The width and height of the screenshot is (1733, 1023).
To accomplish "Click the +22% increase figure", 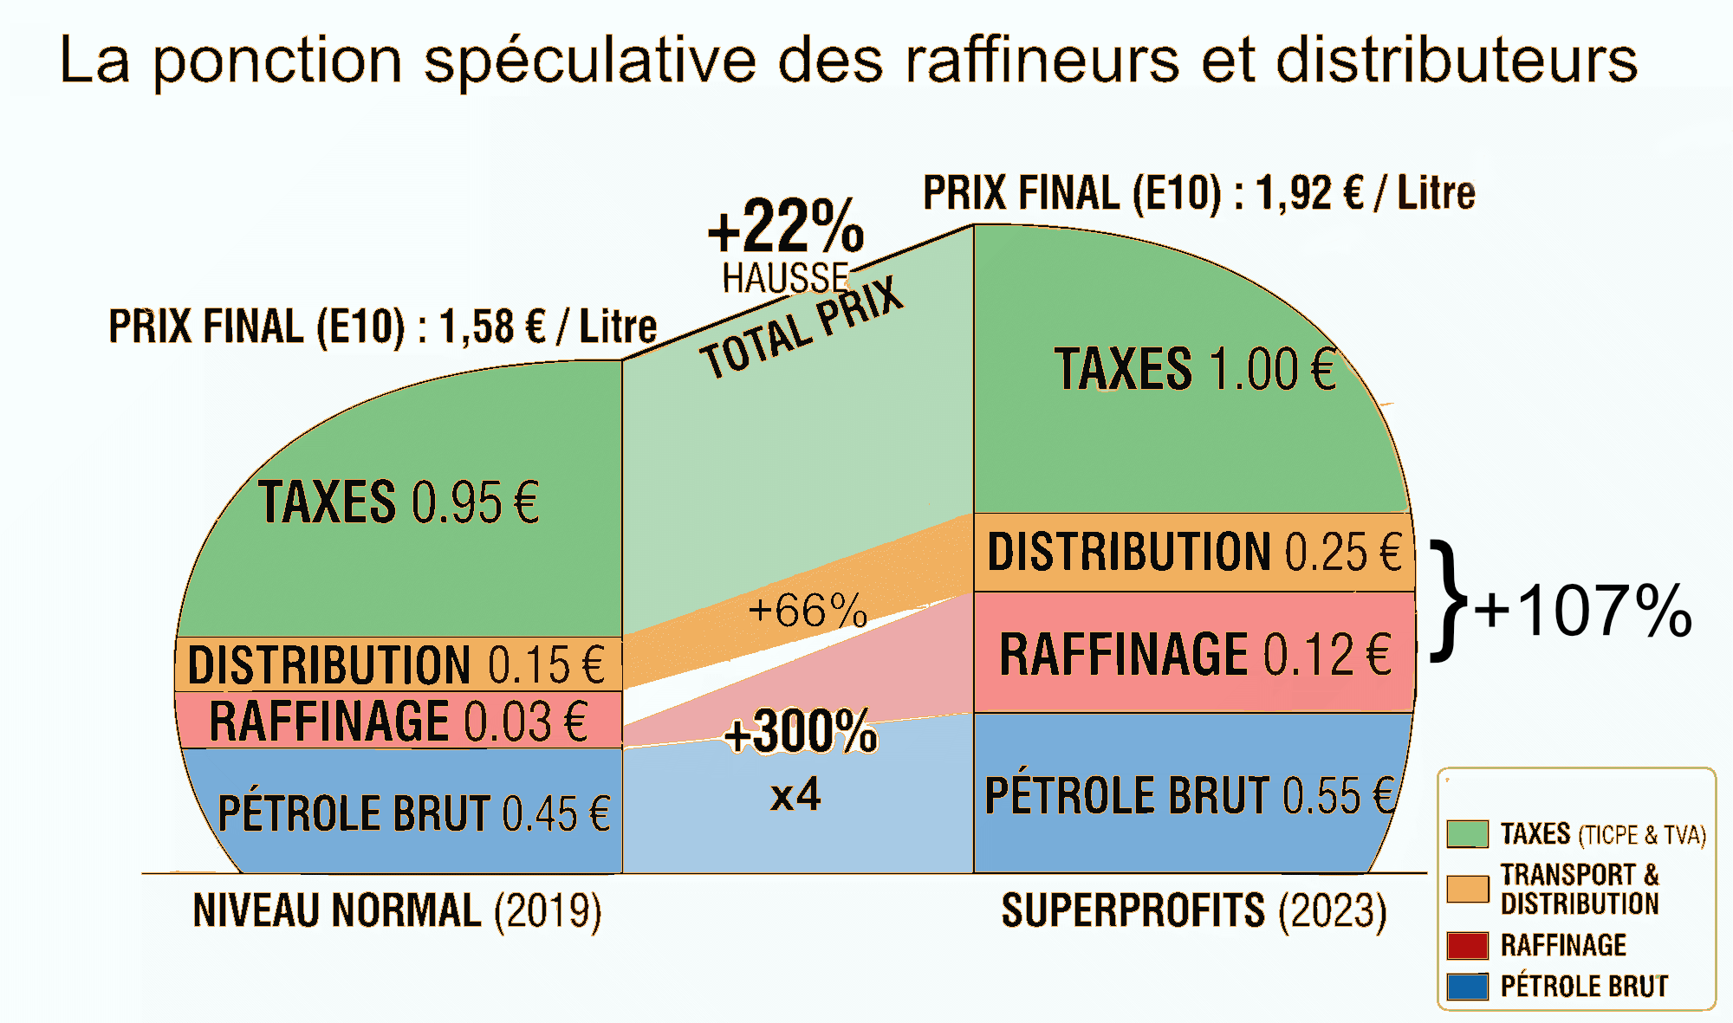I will point(786,226).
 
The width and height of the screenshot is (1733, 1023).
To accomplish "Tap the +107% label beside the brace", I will point(1583,612).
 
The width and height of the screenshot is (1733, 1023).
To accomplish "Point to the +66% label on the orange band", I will point(808,611).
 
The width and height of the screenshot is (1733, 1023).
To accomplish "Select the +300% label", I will point(801,732).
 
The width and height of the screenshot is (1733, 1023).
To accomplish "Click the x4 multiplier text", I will point(795,794).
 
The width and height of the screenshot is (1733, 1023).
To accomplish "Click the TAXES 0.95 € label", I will point(399,502).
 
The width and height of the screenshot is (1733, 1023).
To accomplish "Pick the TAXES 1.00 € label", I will point(1195,370).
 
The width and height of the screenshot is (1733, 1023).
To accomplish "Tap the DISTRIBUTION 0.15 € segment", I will point(397,664).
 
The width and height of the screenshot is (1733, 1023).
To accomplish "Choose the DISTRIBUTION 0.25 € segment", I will point(1194,553).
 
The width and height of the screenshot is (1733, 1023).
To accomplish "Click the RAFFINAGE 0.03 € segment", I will point(399,721).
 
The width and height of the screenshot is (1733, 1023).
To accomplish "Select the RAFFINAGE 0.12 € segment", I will point(1194,654).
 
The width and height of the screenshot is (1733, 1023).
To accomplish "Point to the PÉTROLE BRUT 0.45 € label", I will point(414,813).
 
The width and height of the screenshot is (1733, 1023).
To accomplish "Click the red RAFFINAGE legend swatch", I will point(1467,945).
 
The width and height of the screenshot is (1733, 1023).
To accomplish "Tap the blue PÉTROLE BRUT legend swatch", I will point(1467,987).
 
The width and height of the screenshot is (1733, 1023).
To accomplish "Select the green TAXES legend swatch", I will point(1467,834).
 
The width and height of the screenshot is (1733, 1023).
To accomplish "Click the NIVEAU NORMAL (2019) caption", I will point(397,911).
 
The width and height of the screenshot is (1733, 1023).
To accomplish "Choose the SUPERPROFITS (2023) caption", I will point(1193,911).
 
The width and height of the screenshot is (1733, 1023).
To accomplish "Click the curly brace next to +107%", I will point(1448,601).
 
